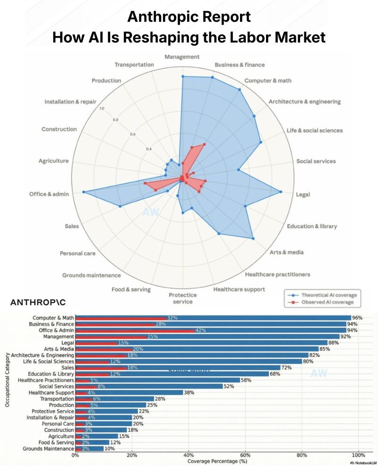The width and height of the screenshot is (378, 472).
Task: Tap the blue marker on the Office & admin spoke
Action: point(84,192)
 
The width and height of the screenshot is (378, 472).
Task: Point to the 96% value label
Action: point(357,318)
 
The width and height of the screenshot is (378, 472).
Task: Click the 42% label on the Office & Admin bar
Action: point(201,330)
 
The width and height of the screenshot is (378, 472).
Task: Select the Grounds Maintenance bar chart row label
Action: point(49,448)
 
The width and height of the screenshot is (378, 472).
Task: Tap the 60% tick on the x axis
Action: point(246,456)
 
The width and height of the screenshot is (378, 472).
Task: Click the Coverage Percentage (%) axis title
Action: point(216,461)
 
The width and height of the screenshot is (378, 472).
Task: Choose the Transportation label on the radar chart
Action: point(134,65)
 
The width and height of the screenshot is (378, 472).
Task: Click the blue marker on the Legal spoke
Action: point(281,192)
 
